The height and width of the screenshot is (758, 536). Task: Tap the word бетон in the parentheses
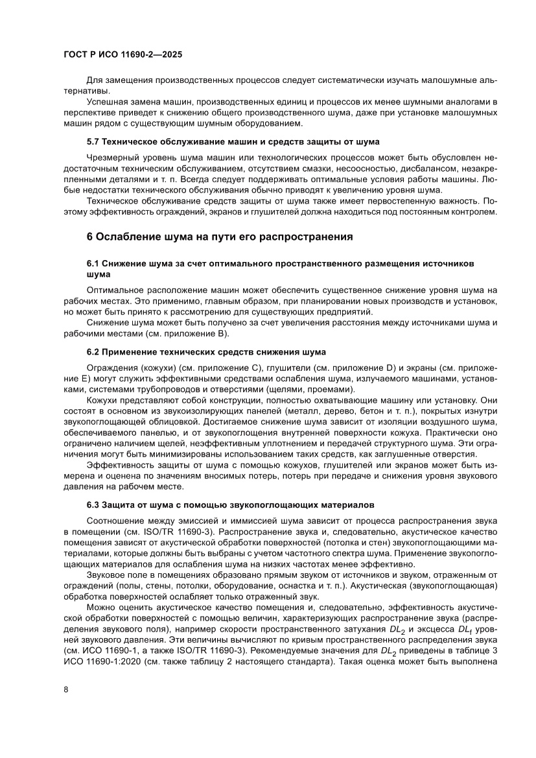coord(331,412)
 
